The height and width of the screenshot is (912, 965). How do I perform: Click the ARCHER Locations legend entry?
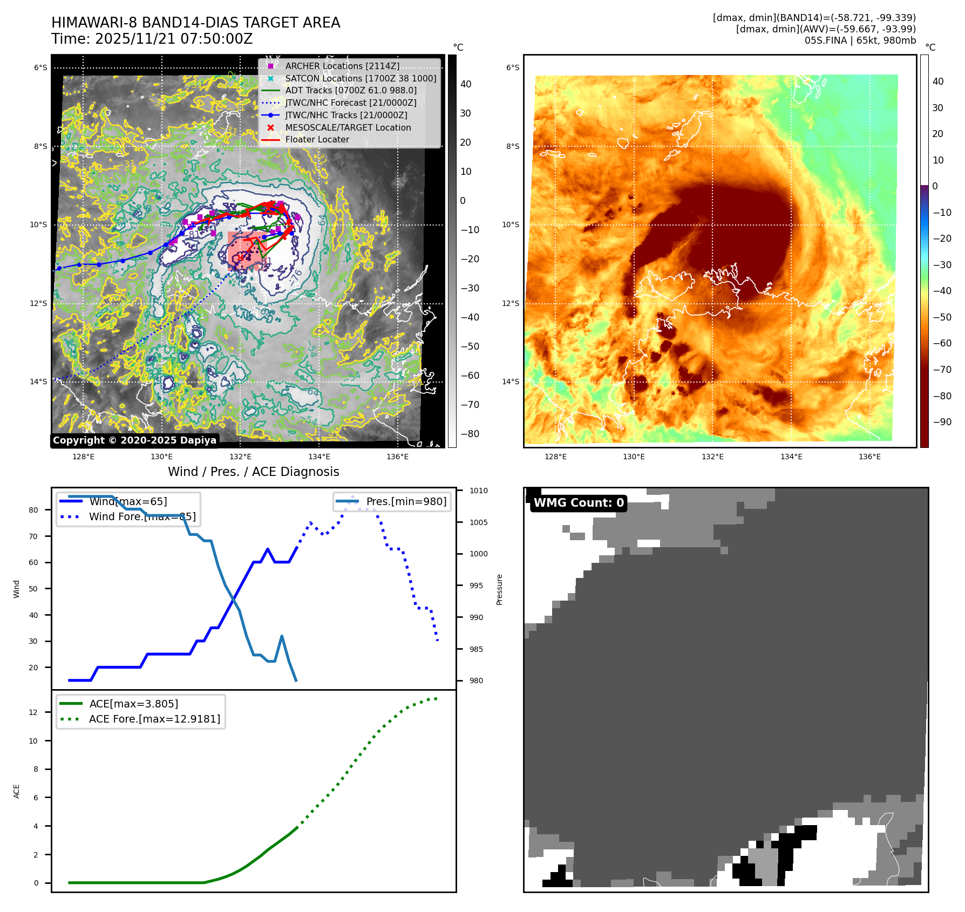(342, 66)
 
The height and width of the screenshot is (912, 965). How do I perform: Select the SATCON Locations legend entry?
(361, 78)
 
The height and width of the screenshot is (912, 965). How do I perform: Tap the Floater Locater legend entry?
(317, 139)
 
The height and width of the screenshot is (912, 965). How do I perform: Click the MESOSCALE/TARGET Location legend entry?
(348, 127)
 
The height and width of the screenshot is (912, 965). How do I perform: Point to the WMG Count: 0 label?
(579, 502)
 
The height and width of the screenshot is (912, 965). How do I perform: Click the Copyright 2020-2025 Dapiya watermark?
(134, 440)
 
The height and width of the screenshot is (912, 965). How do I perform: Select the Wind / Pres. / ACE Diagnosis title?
(254, 472)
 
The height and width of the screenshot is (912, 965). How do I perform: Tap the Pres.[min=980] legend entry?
(406, 501)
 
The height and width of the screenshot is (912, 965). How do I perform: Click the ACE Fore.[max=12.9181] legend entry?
(154, 719)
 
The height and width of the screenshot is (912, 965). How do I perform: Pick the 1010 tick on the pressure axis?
(478, 491)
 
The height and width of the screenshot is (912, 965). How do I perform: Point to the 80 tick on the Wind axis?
(33, 510)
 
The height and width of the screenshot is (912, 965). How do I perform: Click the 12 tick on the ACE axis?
(33, 712)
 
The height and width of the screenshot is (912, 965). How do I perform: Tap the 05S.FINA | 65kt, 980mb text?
(860, 40)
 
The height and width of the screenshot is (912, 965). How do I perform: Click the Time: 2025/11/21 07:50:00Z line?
(152, 39)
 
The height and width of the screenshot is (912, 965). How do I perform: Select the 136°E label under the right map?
(869, 457)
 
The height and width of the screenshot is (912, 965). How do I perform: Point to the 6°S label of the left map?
(40, 67)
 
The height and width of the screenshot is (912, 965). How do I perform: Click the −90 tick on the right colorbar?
(942, 422)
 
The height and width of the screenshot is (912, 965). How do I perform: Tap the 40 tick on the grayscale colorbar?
(465, 84)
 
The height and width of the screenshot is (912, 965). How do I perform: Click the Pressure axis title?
(500, 589)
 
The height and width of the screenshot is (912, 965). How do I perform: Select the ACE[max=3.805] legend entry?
(133, 704)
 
